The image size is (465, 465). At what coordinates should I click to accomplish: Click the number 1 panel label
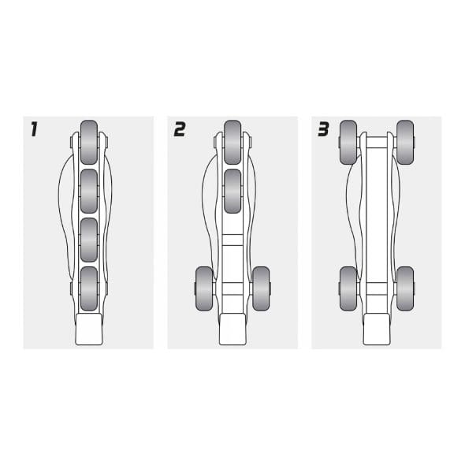click(x=35, y=129)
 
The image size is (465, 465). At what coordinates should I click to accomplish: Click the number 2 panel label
click(x=180, y=129)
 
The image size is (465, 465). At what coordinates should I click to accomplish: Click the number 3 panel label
click(x=324, y=129)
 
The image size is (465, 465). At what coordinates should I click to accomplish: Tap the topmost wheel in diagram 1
click(x=89, y=142)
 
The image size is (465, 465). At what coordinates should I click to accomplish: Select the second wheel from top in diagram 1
click(x=89, y=192)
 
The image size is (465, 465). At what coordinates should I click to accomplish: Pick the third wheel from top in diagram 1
click(x=89, y=240)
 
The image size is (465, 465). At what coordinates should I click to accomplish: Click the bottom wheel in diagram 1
click(x=89, y=288)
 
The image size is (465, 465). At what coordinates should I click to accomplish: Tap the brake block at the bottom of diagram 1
click(x=89, y=329)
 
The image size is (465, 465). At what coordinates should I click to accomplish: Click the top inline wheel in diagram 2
click(x=232, y=142)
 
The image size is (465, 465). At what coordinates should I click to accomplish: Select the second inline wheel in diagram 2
click(x=232, y=192)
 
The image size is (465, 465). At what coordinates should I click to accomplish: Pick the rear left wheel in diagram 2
click(x=204, y=288)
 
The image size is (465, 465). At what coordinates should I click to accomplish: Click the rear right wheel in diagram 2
click(x=261, y=288)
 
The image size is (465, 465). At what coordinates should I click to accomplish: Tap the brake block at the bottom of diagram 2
click(x=232, y=329)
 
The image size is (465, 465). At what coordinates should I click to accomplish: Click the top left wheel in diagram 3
click(x=348, y=142)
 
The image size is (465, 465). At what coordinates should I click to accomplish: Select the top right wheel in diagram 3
click(x=405, y=142)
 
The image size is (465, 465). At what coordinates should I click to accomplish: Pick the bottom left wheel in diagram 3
click(x=348, y=288)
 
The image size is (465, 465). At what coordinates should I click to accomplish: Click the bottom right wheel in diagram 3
click(x=405, y=288)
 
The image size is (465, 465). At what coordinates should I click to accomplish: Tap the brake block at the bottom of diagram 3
click(x=377, y=329)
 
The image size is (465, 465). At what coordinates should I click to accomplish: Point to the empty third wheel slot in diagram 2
click(x=232, y=240)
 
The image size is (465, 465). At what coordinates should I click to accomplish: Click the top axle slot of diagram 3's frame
click(x=377, y=143)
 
